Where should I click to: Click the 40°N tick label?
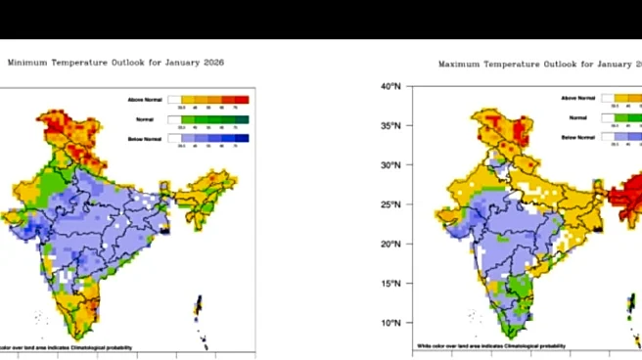390,86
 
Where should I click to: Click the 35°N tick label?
390,126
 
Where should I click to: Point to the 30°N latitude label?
390,165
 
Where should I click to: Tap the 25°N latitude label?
390,204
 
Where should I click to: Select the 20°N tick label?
390,244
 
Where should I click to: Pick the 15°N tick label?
390,284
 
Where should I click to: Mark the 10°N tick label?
390,323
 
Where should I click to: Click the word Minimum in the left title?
27,62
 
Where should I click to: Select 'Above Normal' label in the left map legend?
143,100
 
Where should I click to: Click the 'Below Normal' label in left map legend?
143,138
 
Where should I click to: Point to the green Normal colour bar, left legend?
208,119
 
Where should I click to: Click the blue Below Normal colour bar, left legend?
208,139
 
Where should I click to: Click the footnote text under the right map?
490,345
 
